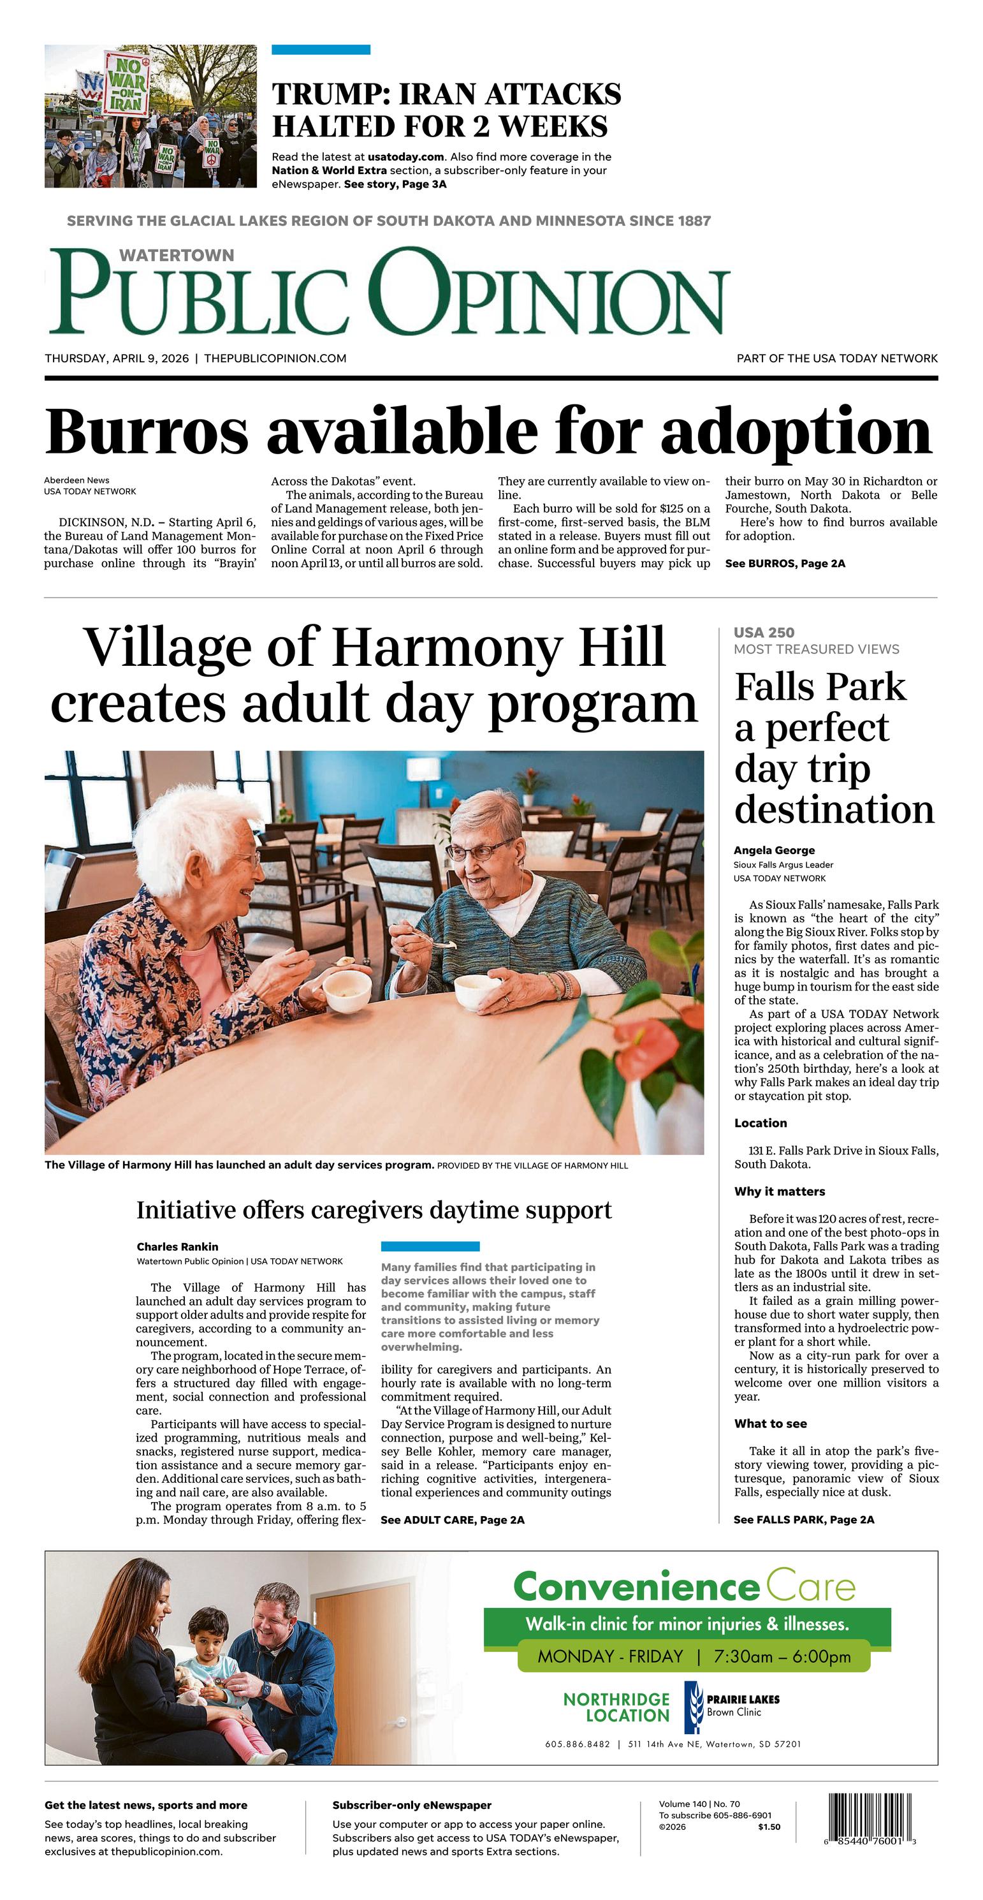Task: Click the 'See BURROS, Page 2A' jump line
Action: [x=785, y=564]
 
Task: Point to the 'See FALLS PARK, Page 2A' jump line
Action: [x=804, y=1519]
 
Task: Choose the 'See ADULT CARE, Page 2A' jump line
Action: [x=452, y=1519]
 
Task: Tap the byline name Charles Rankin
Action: [x=177, y=1246]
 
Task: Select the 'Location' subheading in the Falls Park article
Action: [x=761, y=1123]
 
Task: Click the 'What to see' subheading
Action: [x=770, y=1424]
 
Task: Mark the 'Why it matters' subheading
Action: [x=780, y=1191]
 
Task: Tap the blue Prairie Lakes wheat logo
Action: [x=692, y=1707]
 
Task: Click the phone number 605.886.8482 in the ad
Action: [x=578, y=1744]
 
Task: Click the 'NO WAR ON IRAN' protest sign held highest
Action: [x=127, y=84]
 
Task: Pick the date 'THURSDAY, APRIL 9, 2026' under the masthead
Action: [x=117, y=358]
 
